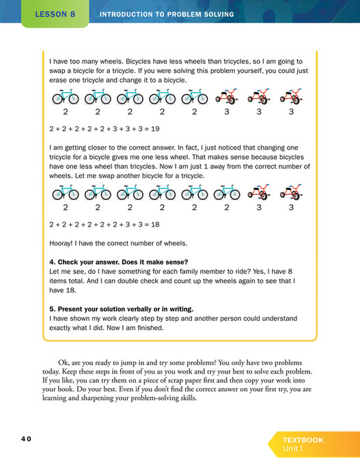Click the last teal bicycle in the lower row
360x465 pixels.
[226, 193]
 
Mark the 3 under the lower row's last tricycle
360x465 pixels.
[291, 207]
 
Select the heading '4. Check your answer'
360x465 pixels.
[119, 261]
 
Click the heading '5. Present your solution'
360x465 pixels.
[121, 308]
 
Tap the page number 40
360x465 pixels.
[26, 438]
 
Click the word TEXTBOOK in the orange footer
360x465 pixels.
[303, 440]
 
